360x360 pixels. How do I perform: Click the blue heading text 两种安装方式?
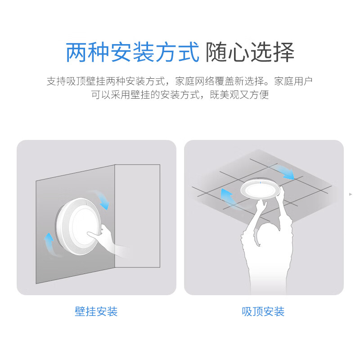[x=132, y=53]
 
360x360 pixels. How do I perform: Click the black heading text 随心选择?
[x=250, y=53]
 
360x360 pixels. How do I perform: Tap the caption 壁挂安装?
[x=96, y=311]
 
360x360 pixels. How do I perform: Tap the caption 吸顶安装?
[x=263, y=311]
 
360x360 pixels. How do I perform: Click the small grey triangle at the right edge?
[x=351, y=194]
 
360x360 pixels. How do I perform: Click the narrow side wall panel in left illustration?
[x=137, y=216]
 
